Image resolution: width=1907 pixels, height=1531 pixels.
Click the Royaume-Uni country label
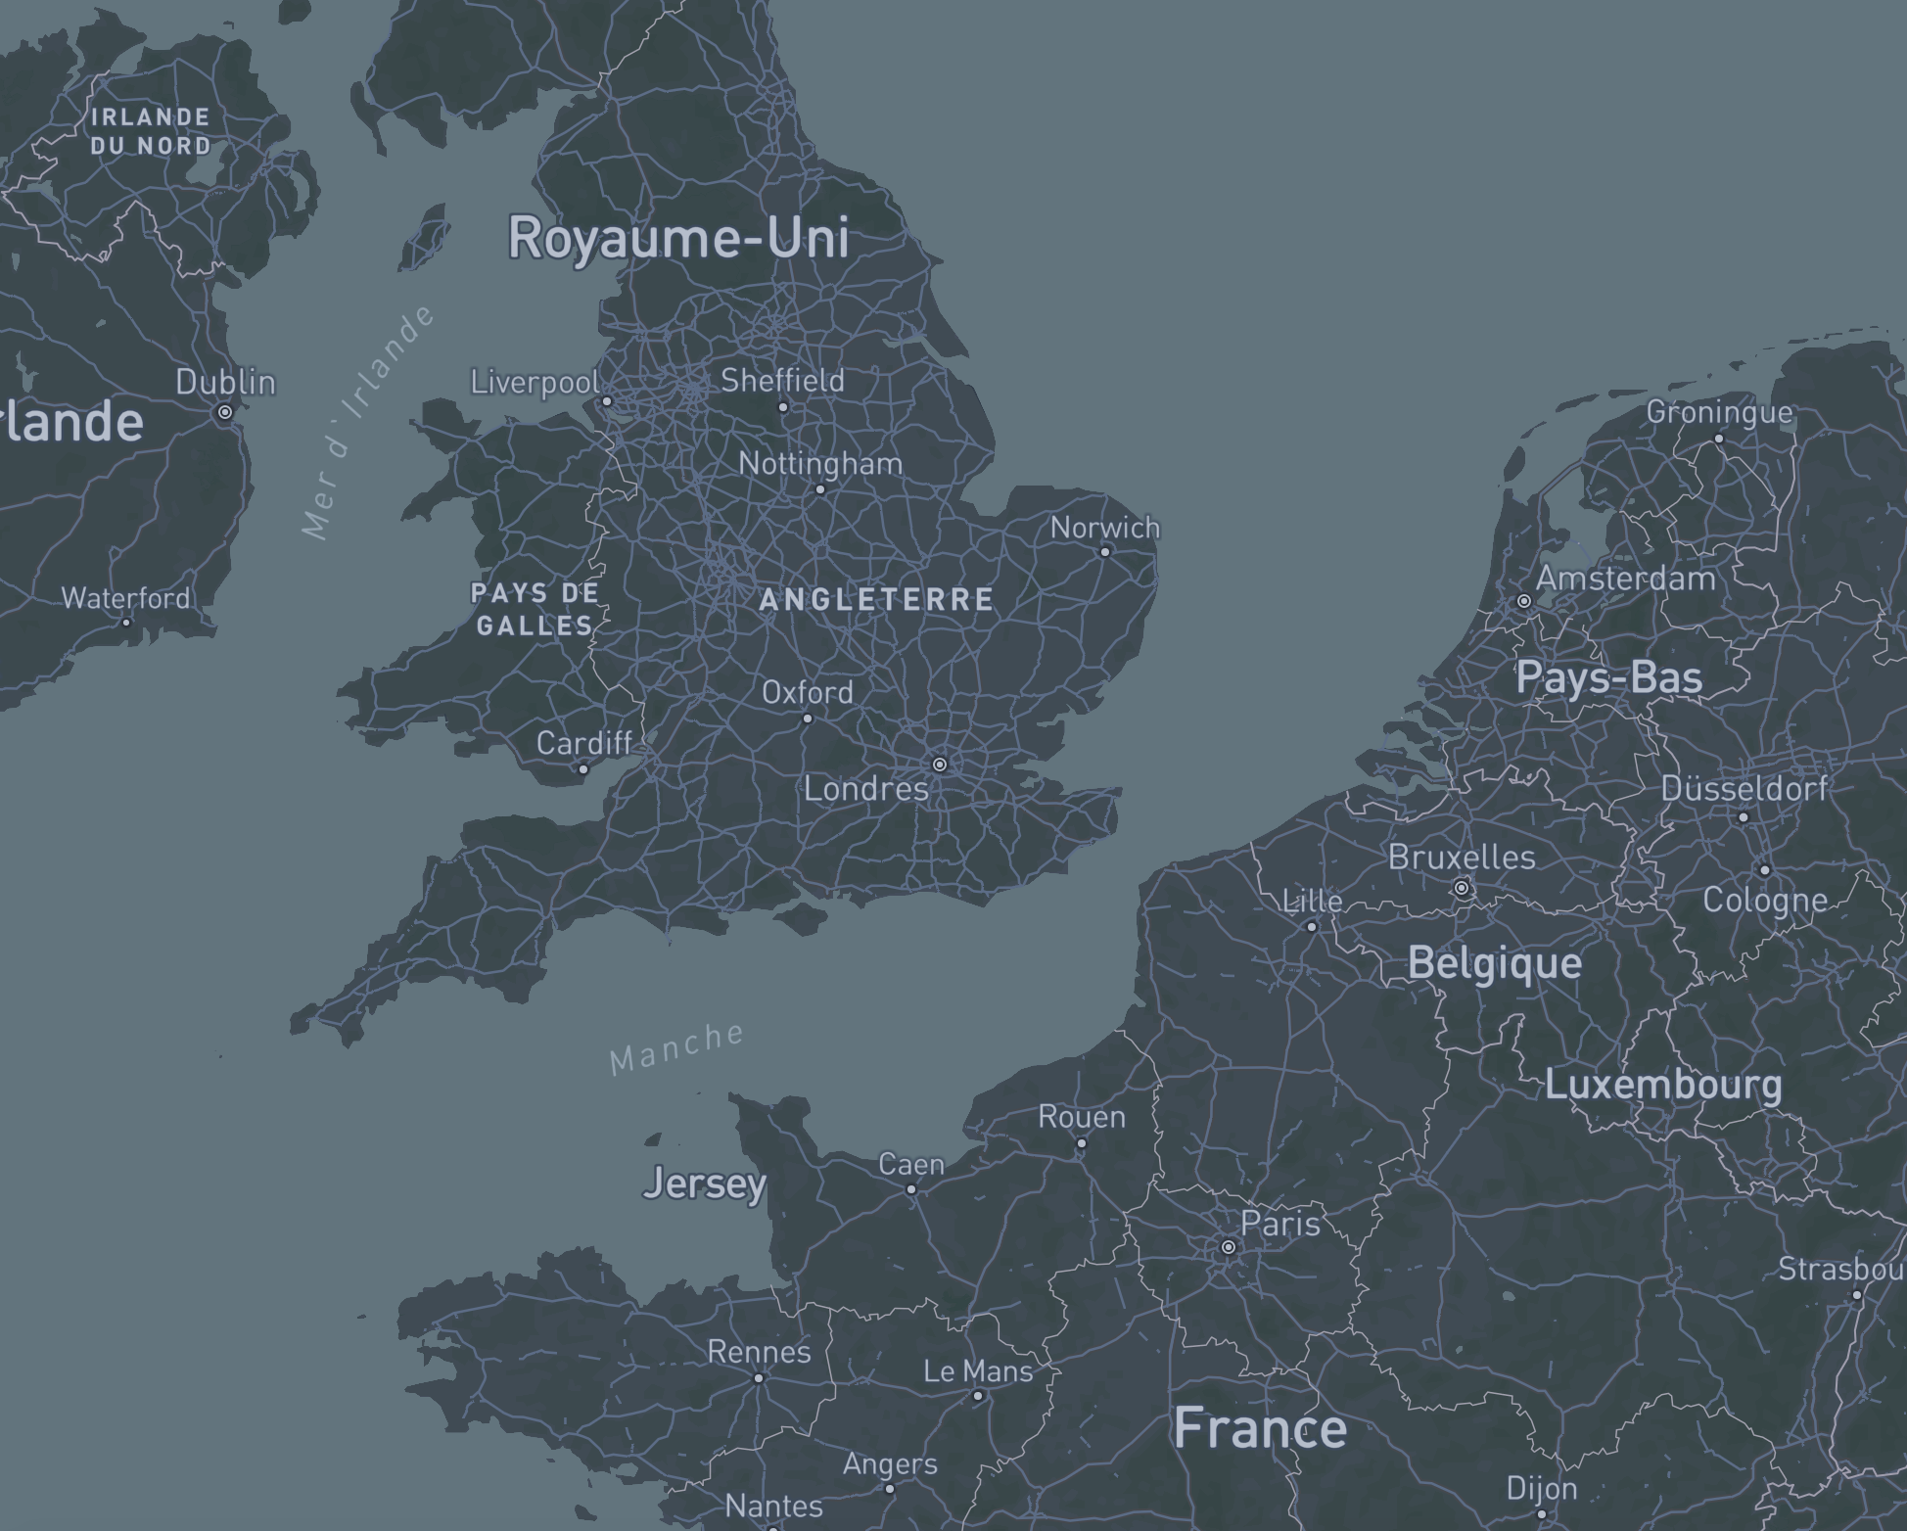pos(678,238)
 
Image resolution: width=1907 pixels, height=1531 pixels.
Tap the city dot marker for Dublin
pos(225,412)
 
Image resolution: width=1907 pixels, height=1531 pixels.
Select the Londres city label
pos(865,789)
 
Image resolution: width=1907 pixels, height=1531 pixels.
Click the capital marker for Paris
pos(1228,1247)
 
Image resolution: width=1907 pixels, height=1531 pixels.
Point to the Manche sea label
pos(675,1047)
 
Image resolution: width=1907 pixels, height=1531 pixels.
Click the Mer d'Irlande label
pos(367,423)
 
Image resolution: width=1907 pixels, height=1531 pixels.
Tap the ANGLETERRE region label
pos(876,599)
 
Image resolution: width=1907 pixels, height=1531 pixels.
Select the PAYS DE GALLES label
pos(535,609)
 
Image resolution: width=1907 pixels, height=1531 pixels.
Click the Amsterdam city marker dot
pos(1524,601)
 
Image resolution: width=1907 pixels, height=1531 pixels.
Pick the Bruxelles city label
pos(1462,858)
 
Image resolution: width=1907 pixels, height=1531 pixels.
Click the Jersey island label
pos(705,1184)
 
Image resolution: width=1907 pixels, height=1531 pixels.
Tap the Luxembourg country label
pos(1663,1085)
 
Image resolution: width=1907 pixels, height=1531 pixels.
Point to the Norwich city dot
pos(1105,551)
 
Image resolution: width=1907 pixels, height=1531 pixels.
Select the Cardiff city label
pos(584,744)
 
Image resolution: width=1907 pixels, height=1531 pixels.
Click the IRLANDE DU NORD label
pos(151,131)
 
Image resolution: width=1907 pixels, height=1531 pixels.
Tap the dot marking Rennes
pos(759,1377)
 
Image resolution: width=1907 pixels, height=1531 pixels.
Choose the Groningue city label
pos(1719,412)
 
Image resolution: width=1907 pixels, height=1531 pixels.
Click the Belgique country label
pos(1494,963)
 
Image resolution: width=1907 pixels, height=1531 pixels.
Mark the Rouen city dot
pos(1082,1142)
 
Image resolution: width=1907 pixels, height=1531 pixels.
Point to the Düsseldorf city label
pos(1744,788)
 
